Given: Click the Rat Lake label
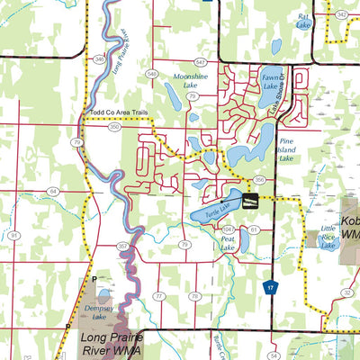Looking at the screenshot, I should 303,21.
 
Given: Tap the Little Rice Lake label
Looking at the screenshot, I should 328,239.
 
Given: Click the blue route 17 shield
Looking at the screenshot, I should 268,286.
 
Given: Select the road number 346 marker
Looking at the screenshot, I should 97,58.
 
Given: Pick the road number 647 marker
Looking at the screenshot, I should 200,62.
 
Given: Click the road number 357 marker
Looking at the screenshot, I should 122,245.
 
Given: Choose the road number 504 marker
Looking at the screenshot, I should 228,230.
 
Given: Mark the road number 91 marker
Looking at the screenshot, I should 14,234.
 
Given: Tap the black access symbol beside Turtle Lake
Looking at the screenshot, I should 251,199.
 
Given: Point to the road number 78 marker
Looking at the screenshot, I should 193,296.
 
